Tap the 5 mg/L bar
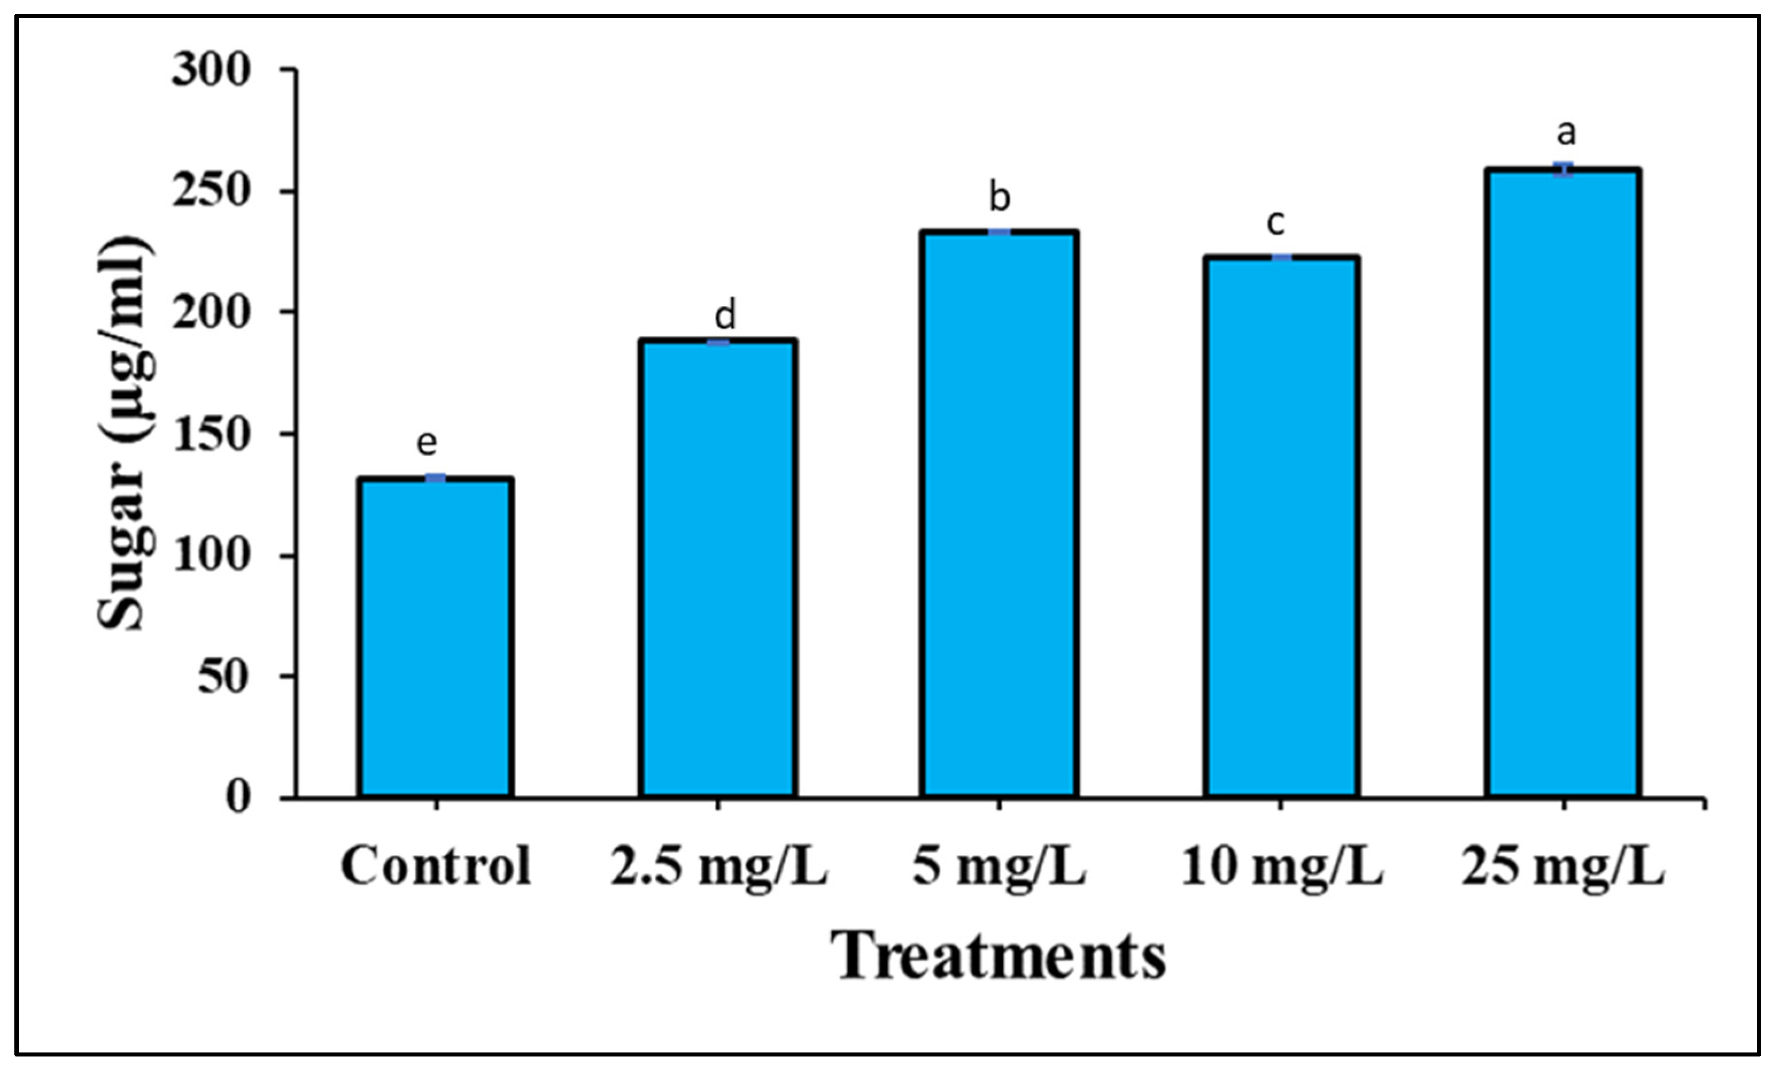tap(999, 514)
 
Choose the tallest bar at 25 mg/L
tap(1563, 483)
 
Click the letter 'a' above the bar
tap(1566, 133)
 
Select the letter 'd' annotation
tap(725, 315)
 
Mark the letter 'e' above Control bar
tap(427, 443)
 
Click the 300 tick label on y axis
tap(211, 71)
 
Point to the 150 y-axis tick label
tap(211, 434)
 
